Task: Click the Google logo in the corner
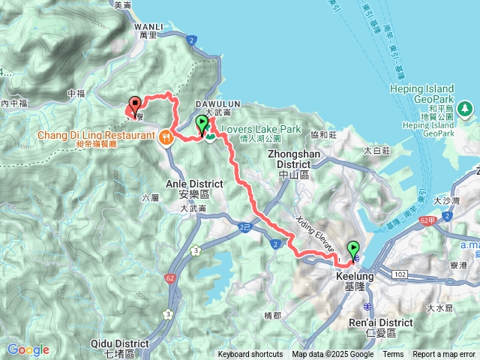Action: pyautogui.click(x=28, y=349)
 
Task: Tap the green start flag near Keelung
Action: pyautogui.click(x=353, y=250)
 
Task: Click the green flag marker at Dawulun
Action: pyautogui.click(x=202, y=124)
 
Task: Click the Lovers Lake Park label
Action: pyautogui.click(x=259, y=130)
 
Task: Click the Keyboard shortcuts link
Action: pyautogui.click(x=250, y=355)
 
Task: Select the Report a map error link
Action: pyautogui.click(x=445, y=355)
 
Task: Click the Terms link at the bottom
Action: pyautogui.click(x=393, y=355)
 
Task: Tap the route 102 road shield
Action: pyautogui.click(x=399, y=275)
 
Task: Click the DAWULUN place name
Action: pyautogui.click(x=217, y=103)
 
